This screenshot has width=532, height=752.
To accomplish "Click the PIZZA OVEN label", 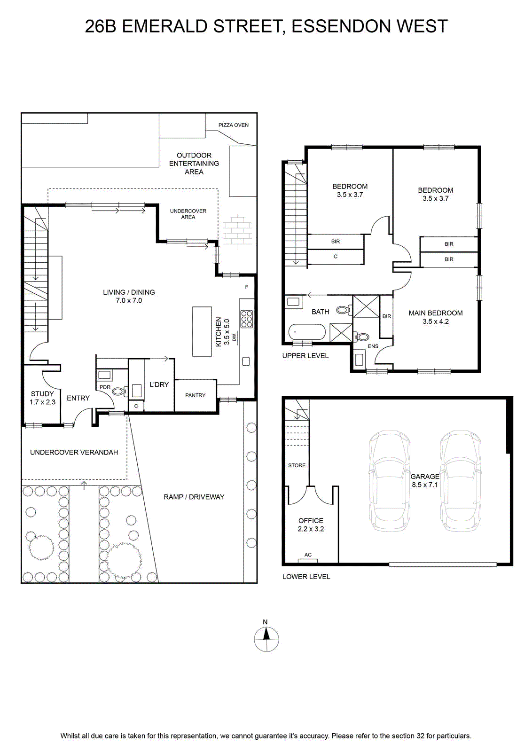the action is pos(233,125).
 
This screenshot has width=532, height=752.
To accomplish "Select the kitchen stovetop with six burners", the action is pos(247,319).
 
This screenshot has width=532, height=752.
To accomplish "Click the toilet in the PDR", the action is pos(119,391).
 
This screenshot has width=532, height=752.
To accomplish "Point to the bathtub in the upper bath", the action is pos(307,332).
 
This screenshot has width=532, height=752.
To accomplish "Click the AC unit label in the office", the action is pos(308,555).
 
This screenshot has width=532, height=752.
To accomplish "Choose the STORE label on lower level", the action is pos(297,465).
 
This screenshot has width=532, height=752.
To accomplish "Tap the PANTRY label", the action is pos(195,395).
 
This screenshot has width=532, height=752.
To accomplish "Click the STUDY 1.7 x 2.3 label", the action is pos(42,398).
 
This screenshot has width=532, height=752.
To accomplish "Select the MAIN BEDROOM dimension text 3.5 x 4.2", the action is pos(435,321).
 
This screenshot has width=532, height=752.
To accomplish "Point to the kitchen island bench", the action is pos(202,331).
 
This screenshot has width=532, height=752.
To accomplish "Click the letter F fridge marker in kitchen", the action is pos(247,287).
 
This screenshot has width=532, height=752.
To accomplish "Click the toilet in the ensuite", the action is pos(361,336).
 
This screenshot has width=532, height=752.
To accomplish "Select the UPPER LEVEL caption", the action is pos(305,355).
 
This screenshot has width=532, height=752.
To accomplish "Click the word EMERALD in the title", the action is pos(165,26).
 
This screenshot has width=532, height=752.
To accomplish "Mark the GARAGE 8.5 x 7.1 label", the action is pos(424,480).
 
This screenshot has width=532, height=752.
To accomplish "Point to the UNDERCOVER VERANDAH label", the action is pos(74,452).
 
